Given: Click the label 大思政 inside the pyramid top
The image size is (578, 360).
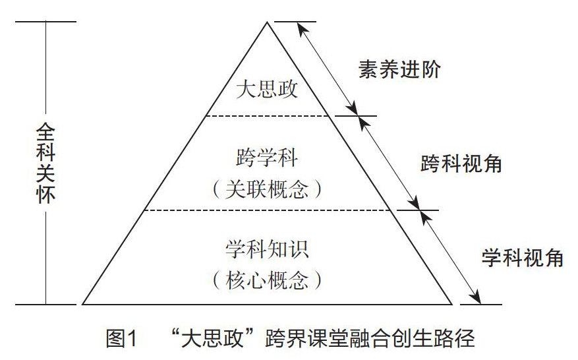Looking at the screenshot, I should [x=267, y=89].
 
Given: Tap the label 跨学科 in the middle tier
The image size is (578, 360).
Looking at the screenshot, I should [x=267, y=159].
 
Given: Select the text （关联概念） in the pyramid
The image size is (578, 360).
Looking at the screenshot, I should [x=267, y=190].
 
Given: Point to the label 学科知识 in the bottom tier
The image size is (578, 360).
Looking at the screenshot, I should [x=267, y=250].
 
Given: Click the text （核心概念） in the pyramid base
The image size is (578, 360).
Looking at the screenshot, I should [x=267, y=281].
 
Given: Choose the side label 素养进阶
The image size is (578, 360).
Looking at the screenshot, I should [x=399, y=70].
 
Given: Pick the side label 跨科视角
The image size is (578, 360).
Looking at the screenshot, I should [x=461, y=164].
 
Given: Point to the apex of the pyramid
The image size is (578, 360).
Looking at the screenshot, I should [x=267, y=22].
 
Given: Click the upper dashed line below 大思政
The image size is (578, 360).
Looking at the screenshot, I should [x=267, y=116].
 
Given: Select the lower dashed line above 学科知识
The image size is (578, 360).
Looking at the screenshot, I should [x=267, y=210].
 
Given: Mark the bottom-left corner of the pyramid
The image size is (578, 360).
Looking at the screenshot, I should [x=83, y=304].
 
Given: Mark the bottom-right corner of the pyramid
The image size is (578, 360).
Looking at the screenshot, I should [x=451, y=304].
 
